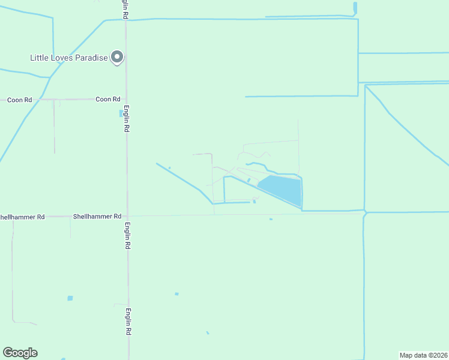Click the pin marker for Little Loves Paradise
[x=117, y=58]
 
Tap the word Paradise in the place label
[x=91, y=58]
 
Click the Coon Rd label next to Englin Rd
[x=108, y=99]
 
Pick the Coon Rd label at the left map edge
[x=19, y=100]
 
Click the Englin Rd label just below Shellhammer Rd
[x=127, y=236]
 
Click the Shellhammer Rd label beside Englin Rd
[x=97, y=216]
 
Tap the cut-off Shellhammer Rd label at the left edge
[x=22, y=217]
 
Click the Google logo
[x=20, y=353]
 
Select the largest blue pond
[x=281, y=189]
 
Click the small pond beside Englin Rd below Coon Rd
[x=121, y=113]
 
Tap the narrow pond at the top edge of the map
[x=355, y=8]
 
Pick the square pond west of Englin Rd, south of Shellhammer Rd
[x=70, y=298]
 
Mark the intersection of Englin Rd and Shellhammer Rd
[x=127, y=216]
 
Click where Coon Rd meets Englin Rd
[x=125, y=99]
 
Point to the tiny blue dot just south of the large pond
[x=271, y=219]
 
